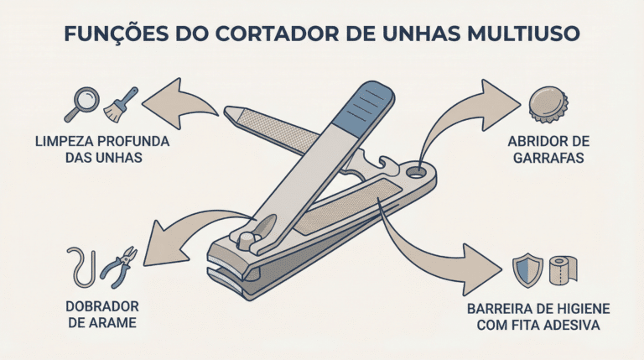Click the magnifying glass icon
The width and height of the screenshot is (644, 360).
click(82, 103)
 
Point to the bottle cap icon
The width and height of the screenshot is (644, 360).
click(548, 104)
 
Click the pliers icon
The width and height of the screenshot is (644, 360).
click(119, 267)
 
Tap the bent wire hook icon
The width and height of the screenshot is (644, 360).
click(81, 267)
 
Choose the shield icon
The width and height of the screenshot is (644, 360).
click(527, 270)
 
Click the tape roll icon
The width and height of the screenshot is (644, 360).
click(563, 269)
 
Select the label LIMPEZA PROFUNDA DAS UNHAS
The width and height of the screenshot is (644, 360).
click(102, 149)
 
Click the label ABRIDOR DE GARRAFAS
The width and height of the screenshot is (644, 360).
click(548, 149)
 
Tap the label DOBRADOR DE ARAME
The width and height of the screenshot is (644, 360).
click(102, 315)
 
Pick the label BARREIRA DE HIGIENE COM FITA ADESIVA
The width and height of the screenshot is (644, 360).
click(538, 317)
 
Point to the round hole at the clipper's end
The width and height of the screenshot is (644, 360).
click(416, 172)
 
